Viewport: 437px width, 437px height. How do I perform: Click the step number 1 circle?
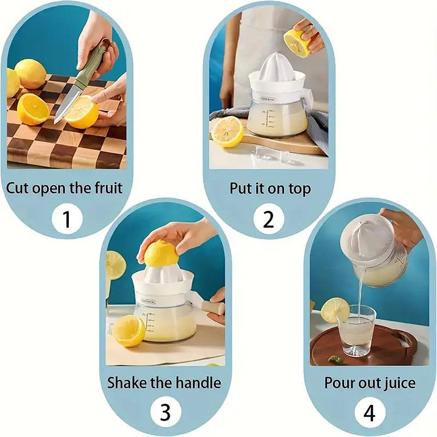[67, 219]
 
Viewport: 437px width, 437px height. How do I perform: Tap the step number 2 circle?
[268, 219]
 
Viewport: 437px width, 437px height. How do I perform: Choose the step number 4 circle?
[369, 413]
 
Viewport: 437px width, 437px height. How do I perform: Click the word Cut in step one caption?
[17, 188]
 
